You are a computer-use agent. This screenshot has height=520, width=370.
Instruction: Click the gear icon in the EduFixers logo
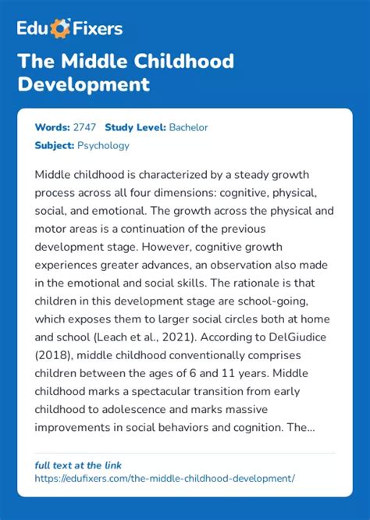tap(60, 29)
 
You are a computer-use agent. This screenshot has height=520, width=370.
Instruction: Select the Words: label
tap(51, 127)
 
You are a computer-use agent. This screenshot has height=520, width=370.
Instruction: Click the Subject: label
tap(54, 145)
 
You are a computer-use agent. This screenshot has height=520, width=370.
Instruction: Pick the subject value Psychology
tap(103, 145)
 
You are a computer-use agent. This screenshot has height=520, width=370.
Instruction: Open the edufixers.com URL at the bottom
tap(165, 477)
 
